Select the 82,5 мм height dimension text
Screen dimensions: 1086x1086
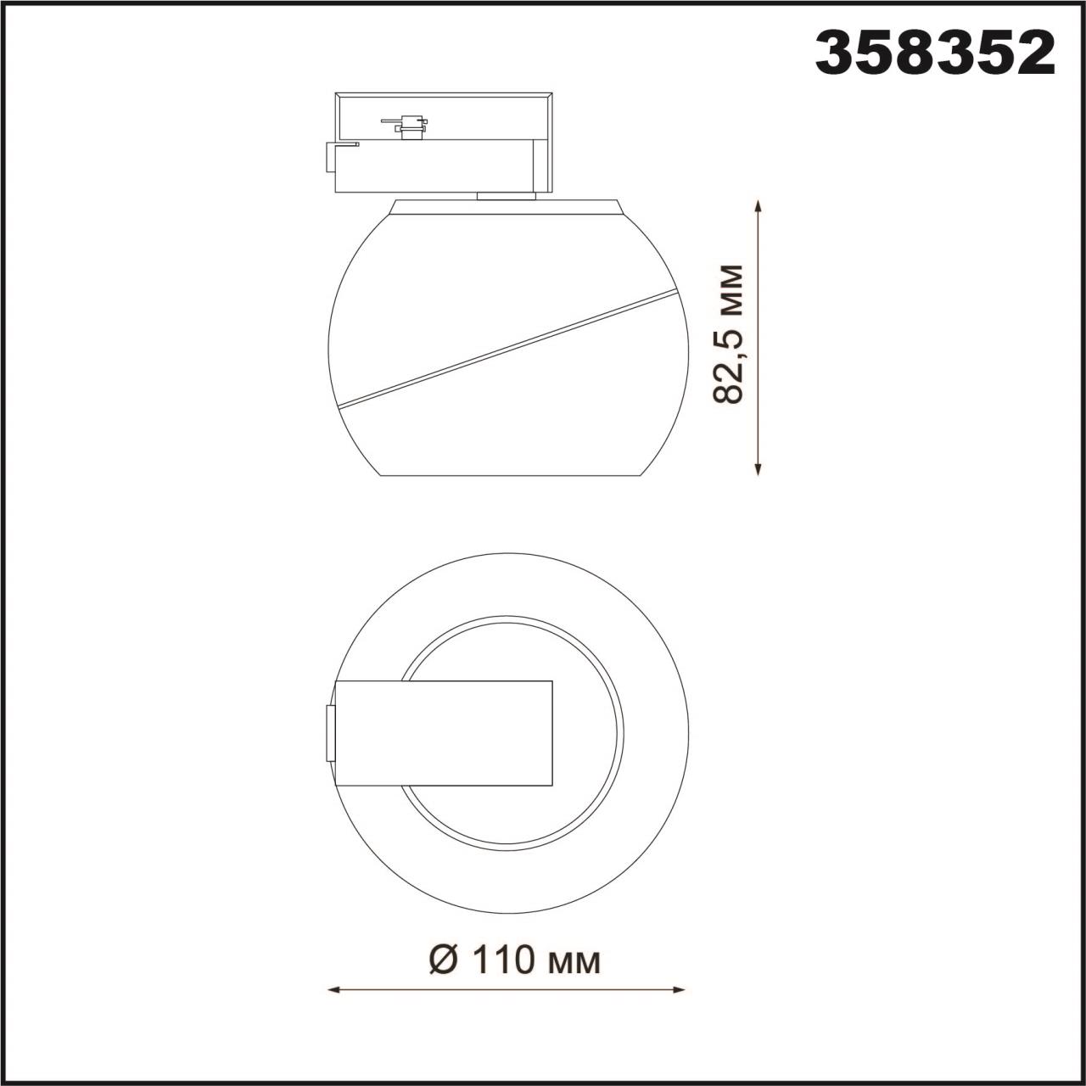(729, 333)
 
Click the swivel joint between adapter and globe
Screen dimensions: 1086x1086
(507, 197)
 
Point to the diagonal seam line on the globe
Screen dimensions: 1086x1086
(509, 348)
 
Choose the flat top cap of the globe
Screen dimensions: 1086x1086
(507, 206)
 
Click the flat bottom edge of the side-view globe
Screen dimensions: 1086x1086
(507, 476)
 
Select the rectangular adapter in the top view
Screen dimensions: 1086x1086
(444, 733)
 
